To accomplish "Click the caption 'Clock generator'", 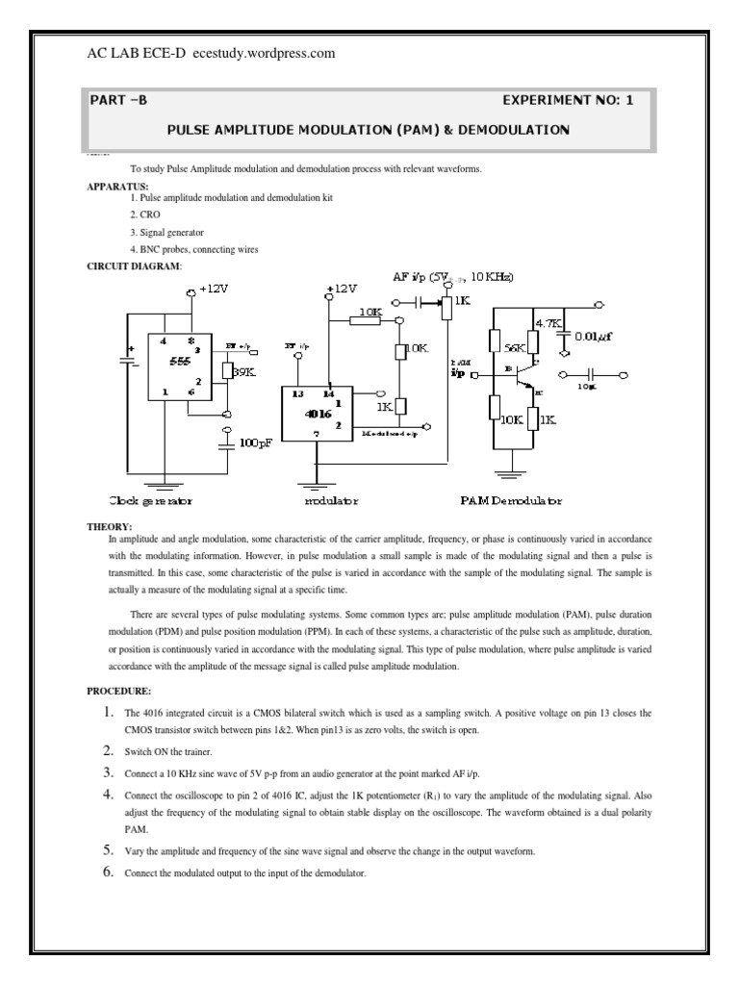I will pyautogui.click(x=151, y=501).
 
